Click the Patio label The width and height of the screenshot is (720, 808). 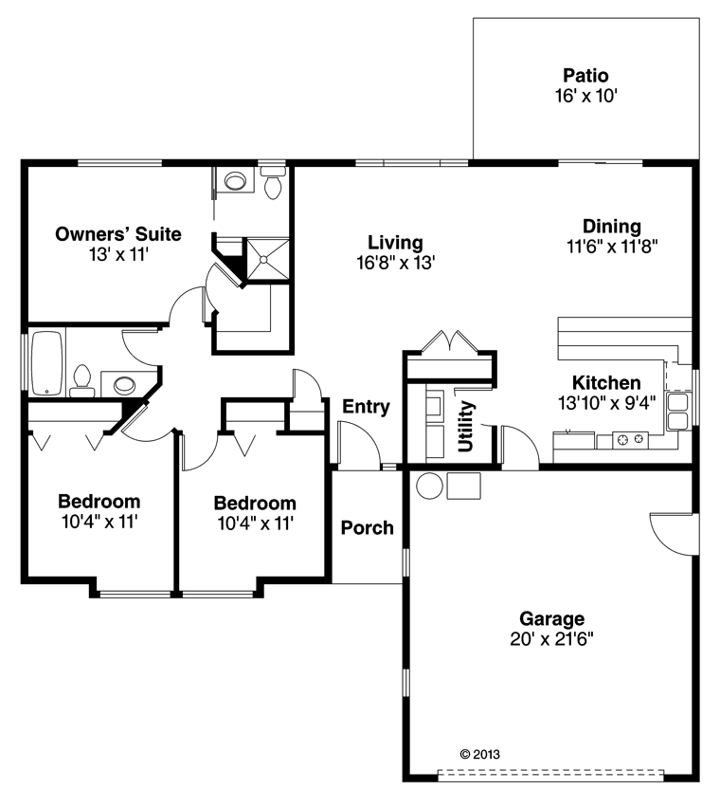[x=585, y=76]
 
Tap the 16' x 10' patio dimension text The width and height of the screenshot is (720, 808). [x=585, y=96]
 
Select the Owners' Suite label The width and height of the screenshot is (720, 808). [x=118, y=234]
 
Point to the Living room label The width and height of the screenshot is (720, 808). [x=395, y=242]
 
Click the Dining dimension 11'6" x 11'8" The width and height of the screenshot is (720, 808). [x=612, y=247]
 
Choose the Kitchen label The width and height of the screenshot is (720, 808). [x=606, y=383]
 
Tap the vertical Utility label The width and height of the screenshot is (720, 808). [x=466, y=427]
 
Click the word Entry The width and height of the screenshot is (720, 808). [x=366, y=407]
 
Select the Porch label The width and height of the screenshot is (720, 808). [x=368, y=527]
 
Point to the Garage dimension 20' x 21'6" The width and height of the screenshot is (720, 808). [x=551, y=639]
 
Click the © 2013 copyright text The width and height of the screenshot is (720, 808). [x=479, y=754]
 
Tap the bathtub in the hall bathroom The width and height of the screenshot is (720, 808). [x=46, y=364]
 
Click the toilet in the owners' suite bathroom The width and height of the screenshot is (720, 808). [x=273, y=183]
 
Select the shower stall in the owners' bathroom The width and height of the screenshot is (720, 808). [x=267, y=259]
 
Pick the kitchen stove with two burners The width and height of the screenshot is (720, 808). [x=630, y=439]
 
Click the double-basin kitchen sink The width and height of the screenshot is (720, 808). [x=677, y=412]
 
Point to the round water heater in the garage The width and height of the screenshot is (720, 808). [x=429, y=486]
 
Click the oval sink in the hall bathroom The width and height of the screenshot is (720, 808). [x=124, y=384]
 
